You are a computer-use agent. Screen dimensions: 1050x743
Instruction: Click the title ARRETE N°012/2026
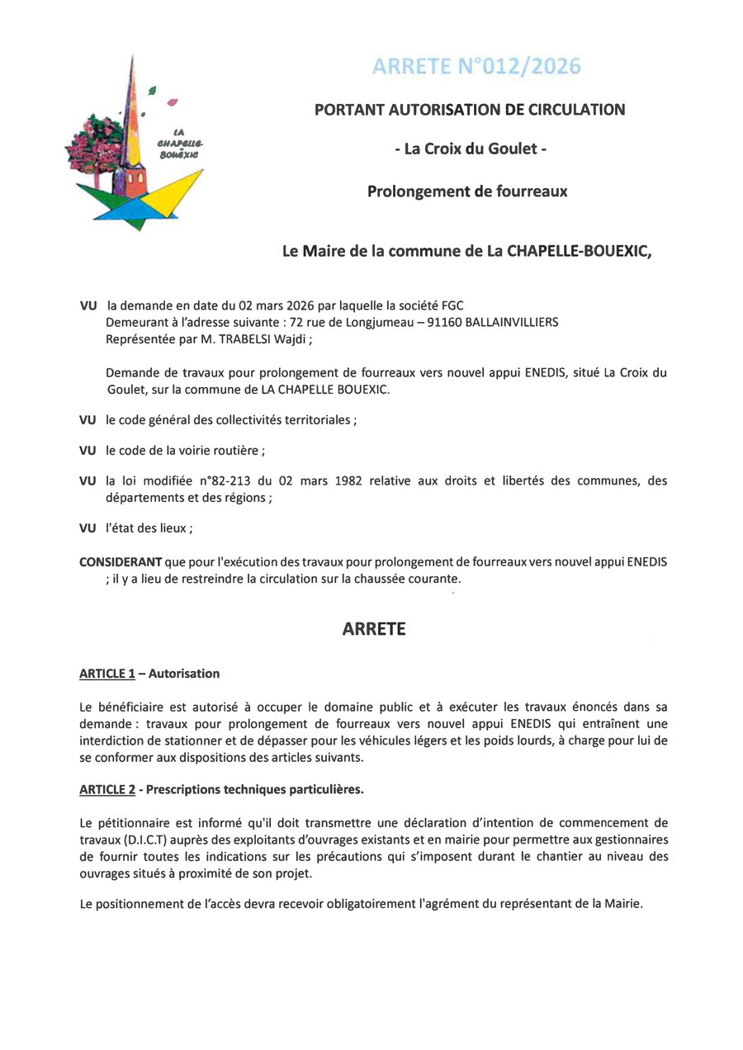tap(476, 67)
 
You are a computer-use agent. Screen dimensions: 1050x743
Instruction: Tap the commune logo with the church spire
tap(135, 144)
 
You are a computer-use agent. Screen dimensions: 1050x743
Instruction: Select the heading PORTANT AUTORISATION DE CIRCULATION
tap(470, 109)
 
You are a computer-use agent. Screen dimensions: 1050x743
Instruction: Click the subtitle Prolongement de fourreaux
tap(467, 192)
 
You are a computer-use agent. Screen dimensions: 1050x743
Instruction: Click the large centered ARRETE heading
tap(374, 629)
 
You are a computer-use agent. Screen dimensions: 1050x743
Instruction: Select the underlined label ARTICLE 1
tap(107, 674)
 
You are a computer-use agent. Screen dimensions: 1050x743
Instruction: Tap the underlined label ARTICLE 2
tap(107, 789)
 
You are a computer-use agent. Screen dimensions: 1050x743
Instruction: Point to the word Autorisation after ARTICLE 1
tap(184, 674)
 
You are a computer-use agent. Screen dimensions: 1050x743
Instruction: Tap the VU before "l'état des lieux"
tap(88, 528)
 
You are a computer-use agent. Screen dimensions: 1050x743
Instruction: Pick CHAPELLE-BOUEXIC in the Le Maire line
tap(579, 252)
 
